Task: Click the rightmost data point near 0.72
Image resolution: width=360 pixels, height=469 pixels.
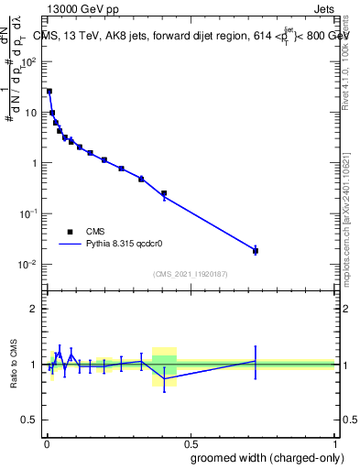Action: click(x=256, y=250)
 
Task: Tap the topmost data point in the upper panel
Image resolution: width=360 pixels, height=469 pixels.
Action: click(x=49, y=92)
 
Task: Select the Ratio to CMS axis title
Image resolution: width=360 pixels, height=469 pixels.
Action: click(x=13, y=365)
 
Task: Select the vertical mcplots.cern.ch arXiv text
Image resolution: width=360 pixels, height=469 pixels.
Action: click(x=353, y=211)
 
